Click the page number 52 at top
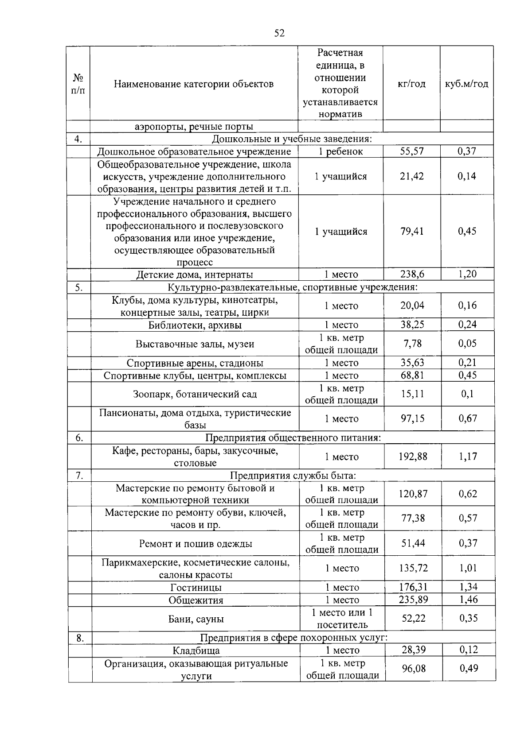(279, 33)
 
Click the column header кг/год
(412, 84)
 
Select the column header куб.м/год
(466, 84)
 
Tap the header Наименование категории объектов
(194, 84)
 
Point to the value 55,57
(412, 151)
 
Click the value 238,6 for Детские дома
(412, 274)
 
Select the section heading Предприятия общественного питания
(293, 438)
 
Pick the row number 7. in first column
(80, 476)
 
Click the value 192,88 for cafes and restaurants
(413, 457)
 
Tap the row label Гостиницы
(196, 588)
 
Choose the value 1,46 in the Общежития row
(468, 600)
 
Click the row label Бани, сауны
(196, 619)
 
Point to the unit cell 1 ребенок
(340, 151)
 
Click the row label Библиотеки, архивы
(195, 325)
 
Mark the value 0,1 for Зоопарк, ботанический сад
(467, 394)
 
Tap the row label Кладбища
(196, 650)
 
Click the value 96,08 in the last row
(414, 669)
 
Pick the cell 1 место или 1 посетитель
(342, 619)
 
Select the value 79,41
(412, 231)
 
